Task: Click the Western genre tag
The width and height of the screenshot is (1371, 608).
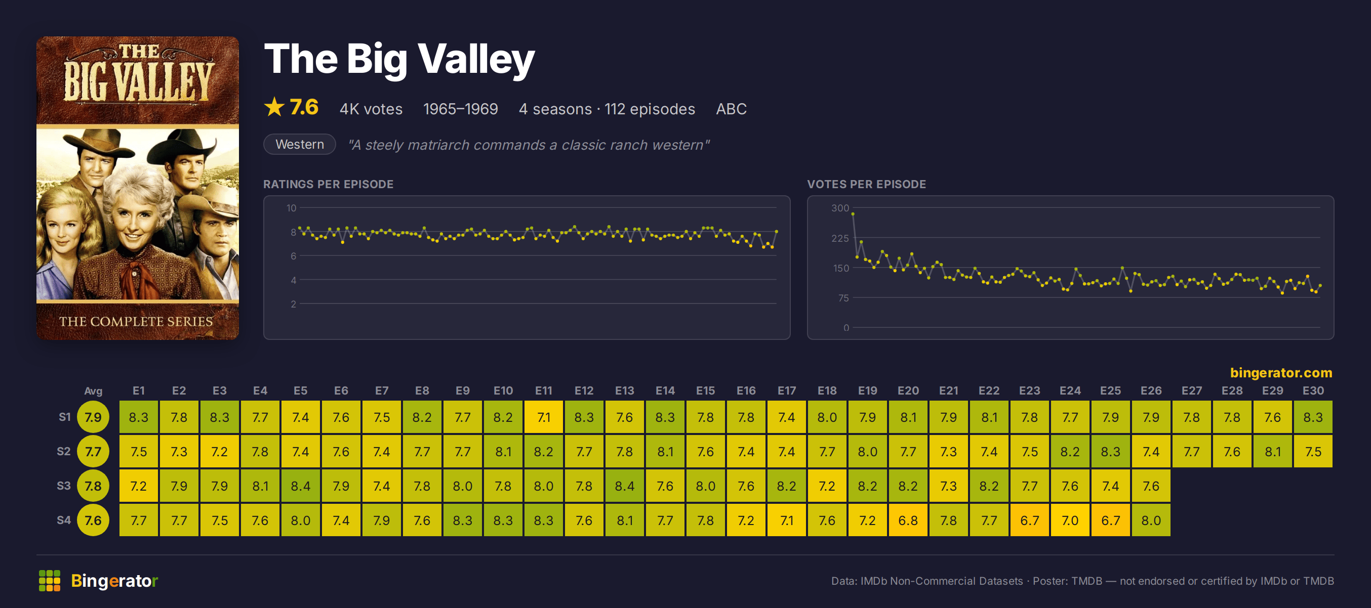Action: tap(300, 144)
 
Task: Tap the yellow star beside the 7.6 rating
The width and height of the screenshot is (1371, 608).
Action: tap(274, 107)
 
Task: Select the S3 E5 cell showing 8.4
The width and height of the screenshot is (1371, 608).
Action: tap(301, 486)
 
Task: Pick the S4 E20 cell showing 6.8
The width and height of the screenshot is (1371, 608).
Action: tap(908, 519)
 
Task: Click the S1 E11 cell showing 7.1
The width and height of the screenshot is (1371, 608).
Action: tap(543, 417)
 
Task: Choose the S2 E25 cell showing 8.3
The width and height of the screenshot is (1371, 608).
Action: tap(1111, 451)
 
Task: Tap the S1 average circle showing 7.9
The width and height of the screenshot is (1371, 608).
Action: tap(93, 417)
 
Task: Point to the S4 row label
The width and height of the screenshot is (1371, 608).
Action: tap(64, 519)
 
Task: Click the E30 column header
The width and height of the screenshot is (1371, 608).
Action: tap(1313, 390)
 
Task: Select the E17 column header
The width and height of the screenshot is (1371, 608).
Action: tap(787, 390)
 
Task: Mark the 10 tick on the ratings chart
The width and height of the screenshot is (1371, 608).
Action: tap(291, 208)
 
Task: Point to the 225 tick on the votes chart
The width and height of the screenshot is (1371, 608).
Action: tap(840, 238)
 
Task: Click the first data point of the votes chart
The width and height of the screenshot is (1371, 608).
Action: tap(853, 214)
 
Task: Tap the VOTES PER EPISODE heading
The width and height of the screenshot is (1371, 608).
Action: tap(866, 184)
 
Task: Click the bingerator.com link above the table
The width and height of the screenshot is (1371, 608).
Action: tap(1281, 372)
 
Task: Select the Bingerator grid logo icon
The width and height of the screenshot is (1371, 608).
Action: tap(50, 580)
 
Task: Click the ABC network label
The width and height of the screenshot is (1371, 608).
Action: tap(731, 109)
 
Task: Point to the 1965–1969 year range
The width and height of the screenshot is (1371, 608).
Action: tap(460, 109)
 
